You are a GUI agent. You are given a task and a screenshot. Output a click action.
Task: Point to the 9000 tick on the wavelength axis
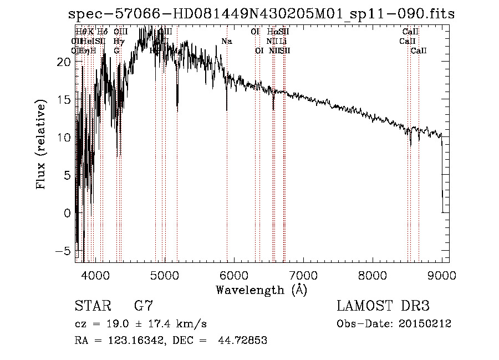click(x=442, y=275)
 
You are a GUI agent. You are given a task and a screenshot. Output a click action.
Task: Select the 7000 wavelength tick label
click(x=303, y=275)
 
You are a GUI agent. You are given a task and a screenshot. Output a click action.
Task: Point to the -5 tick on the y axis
click(x=65, y=251)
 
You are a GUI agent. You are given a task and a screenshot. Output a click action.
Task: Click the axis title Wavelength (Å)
click(x=261, y=290)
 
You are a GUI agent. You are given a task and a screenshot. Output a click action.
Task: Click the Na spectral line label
click(x=226, y=42)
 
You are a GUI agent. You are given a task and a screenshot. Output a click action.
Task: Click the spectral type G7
click(x=143, y=306)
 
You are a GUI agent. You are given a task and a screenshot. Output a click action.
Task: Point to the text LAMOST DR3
click(x=383, y=306)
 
